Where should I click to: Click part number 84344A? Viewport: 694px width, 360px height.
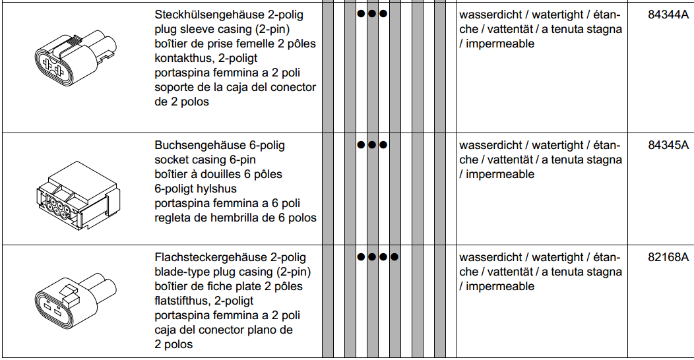(x=668, y=15)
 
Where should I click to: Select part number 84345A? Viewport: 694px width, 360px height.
(x=668, y=145)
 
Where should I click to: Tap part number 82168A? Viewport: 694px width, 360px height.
(x=668, y=257)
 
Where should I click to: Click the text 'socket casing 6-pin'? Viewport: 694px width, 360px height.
(x=205, y=160)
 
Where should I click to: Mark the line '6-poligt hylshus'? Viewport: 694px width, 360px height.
(x=196, y=189)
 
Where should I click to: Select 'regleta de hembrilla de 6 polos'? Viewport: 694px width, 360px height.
(x=236, y=218)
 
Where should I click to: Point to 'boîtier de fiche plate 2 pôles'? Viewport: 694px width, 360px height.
(x=229, y=286)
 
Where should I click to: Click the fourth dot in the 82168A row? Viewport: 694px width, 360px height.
(x=394, y=256)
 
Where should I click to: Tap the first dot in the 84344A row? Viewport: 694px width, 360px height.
(x=361, y=13)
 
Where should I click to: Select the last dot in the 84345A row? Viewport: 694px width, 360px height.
(x=383, y=144)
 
